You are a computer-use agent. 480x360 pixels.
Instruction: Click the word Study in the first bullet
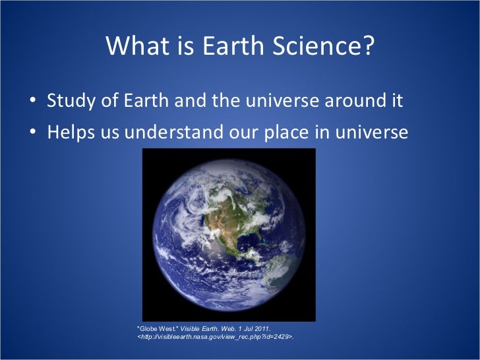(70, 102)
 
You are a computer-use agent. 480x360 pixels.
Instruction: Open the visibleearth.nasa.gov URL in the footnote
(214, 338)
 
